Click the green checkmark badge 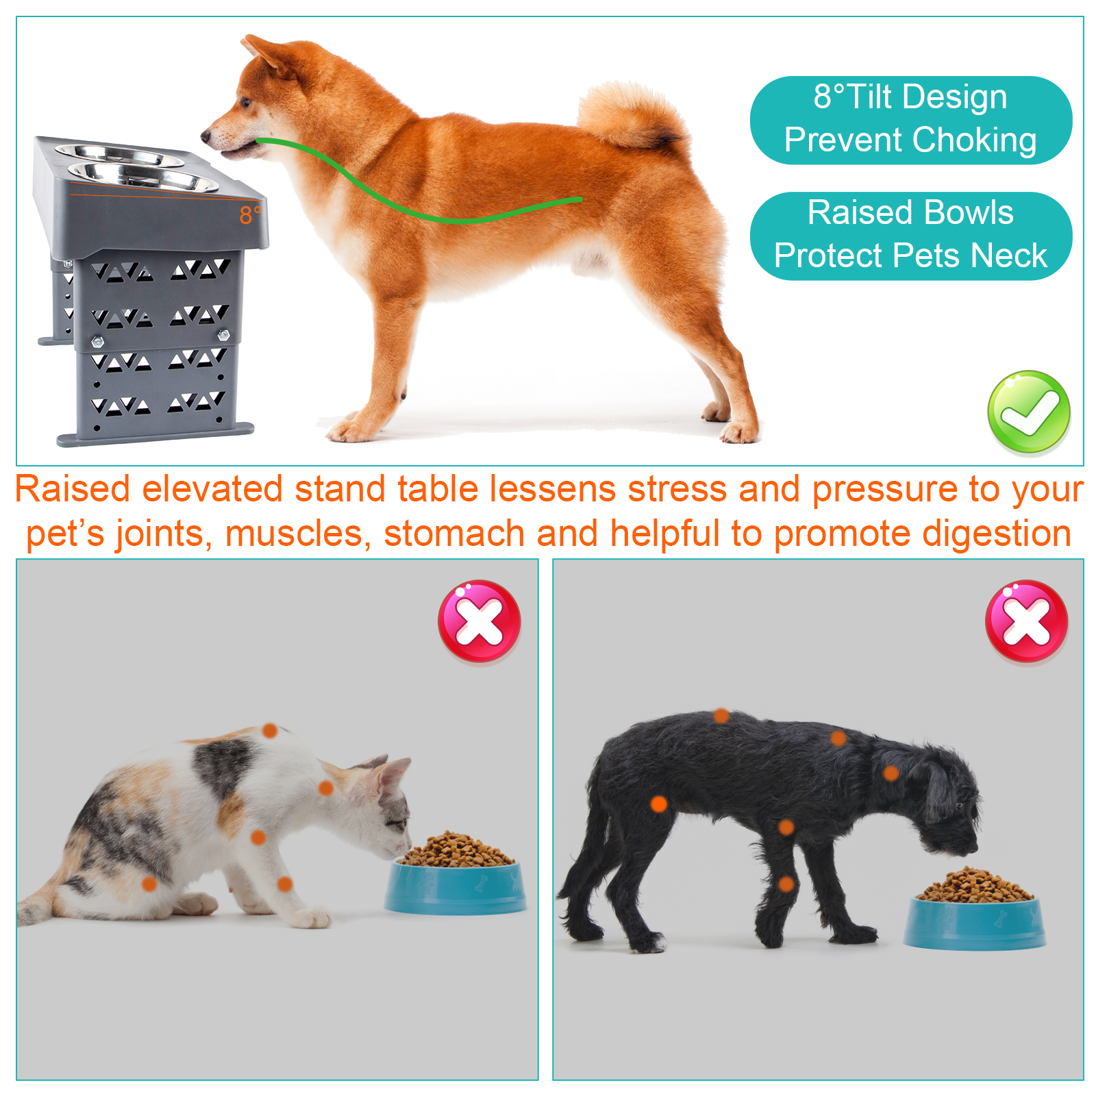[x=1028, y=412]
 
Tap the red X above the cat [x=480, y=621]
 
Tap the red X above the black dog [x=1026, y=621]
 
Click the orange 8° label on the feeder [x=250, y=215]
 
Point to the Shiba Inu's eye [x=245, y=103]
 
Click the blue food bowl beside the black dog [x=974, y=921]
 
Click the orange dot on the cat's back [x=270, y=731]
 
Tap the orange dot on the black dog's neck [x=891, y=773]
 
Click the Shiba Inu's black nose [x=206, y=136]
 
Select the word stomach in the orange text [x=453, y=534]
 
